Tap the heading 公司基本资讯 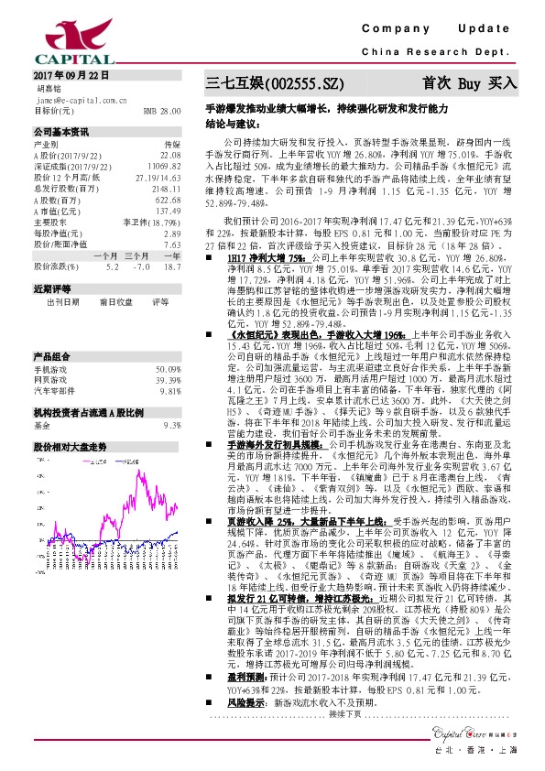point(61,131)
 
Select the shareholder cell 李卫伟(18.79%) point(151,246)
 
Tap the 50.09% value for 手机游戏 point(166,342)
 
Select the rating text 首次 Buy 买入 point(469,82)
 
